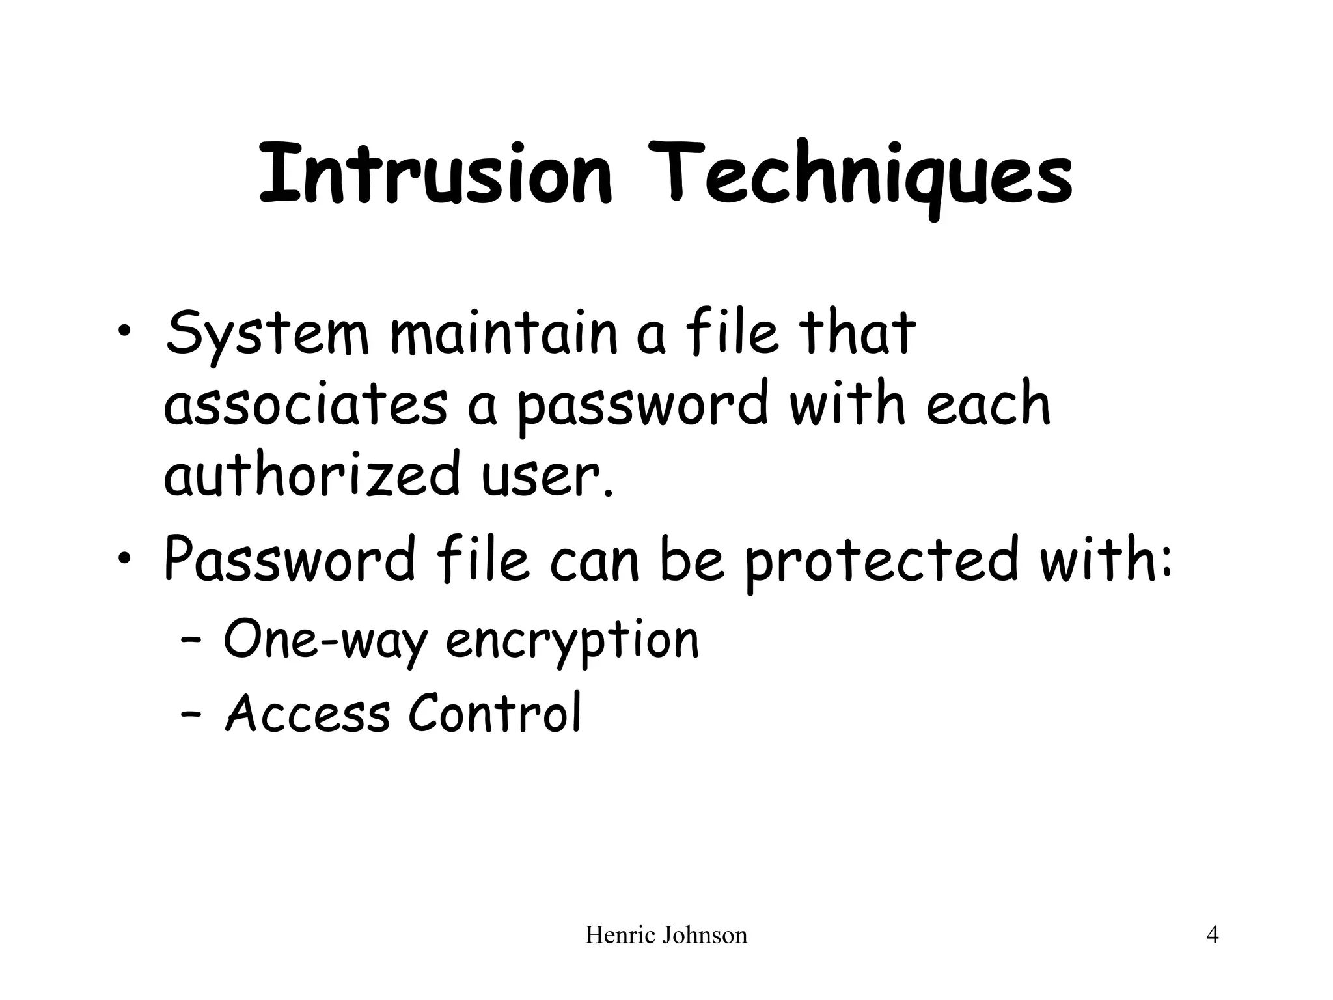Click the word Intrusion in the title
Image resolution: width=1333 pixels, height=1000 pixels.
[x=435, y=174]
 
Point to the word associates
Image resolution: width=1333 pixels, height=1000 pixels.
[x=305, y=405]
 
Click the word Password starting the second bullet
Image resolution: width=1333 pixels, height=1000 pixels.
[x=290, y=560]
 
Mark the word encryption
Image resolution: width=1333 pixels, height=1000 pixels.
[x=572, y=641]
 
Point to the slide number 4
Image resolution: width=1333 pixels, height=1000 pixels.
[x=1213, y=936]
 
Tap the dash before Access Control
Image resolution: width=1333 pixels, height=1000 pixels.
[x=190, y=714]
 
